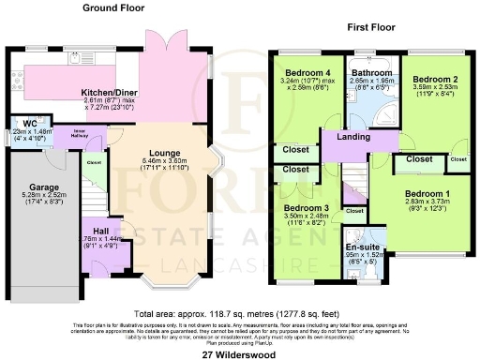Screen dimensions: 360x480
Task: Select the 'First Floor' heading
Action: (368, 29)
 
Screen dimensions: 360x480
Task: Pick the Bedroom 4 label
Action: (300, 72)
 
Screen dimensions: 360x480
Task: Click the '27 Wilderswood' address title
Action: (239, 352)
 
